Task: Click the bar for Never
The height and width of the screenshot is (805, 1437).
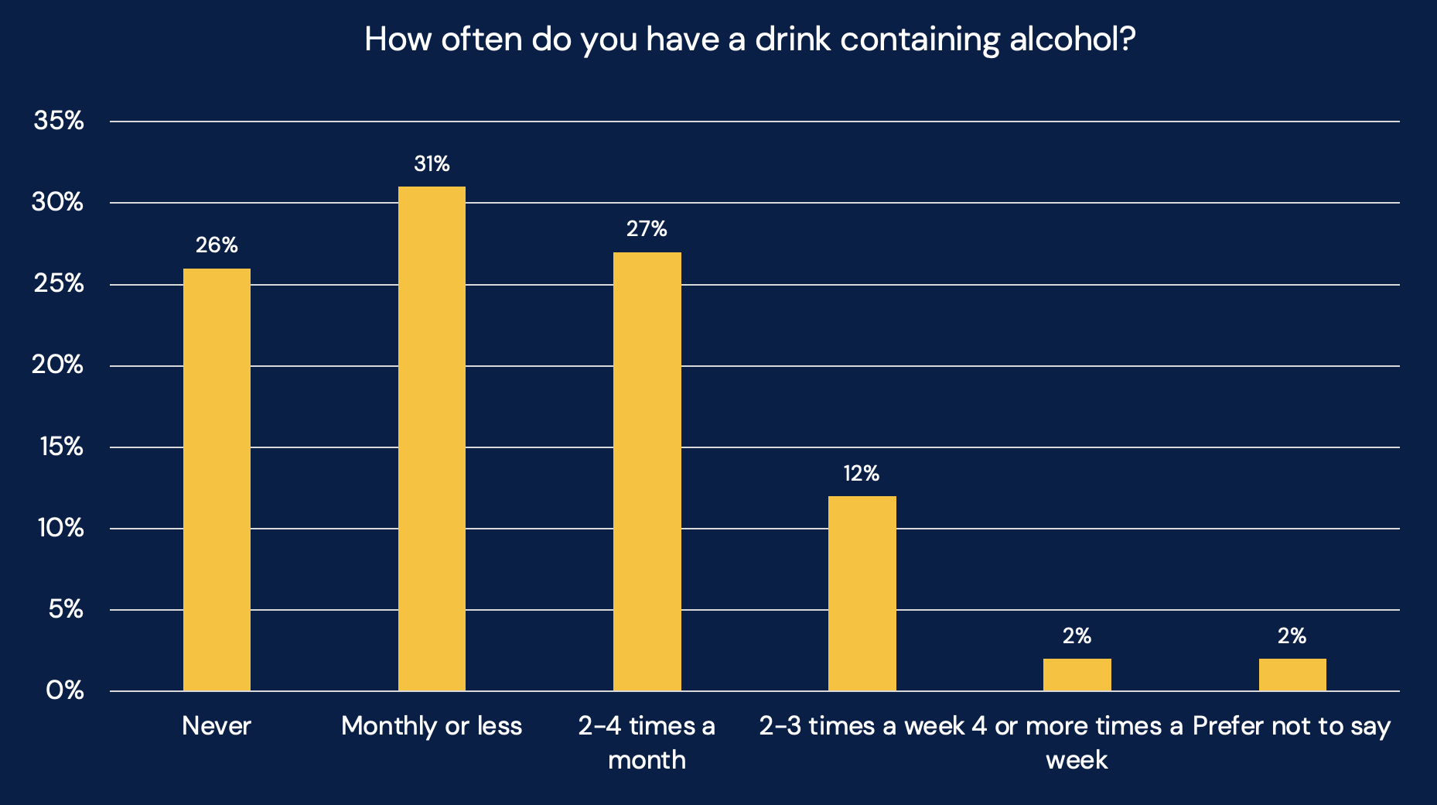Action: pyautogui.click(x=217, y=480)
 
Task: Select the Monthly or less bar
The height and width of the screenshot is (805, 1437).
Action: pyautogui.click(x=432, y=439)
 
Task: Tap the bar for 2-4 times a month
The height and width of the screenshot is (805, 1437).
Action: pyautogui.click(x=647, y=471)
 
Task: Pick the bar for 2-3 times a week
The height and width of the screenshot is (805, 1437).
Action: pyautogui.click(x=862, y=594)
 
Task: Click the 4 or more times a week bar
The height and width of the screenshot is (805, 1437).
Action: pyautogui.click(x=1077, y=675)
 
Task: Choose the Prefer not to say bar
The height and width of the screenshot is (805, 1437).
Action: pyautogui.click(x=1292, y=675)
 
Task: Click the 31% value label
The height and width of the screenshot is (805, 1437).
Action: pyautogui.click(x=432, y=164)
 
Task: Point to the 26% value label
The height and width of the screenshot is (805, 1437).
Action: pyautogui.click(x=217, y=245)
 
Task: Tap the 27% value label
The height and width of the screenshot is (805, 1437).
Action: pyautogui.click(x=647, y=229)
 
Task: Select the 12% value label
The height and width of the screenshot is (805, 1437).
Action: pyautogui.click(x=862, y=474)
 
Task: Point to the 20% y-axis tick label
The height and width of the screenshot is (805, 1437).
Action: pyautogui.click(x=58, y=365)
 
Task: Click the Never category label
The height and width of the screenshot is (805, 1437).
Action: pyautogui.click(x=217, y=726)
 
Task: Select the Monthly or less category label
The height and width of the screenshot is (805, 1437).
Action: pyautogui.click(x=432, y=726)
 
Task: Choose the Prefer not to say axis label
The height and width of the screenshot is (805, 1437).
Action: pyautogui.click(x=1292, y=726)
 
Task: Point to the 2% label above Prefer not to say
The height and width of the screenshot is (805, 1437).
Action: pyautogui.click(x=1292, y=636)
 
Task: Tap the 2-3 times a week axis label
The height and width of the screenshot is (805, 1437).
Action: pyautogui.click(x=862, y=726)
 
